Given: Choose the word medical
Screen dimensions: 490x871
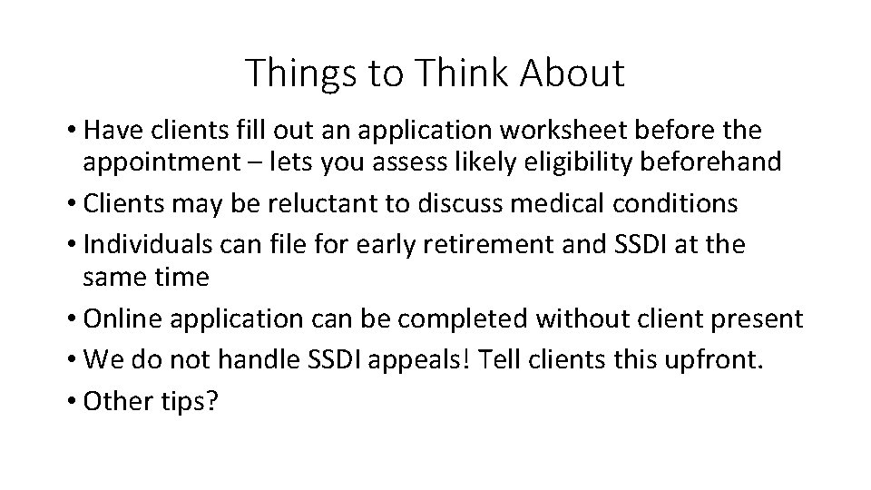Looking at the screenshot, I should click(542, 203).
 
